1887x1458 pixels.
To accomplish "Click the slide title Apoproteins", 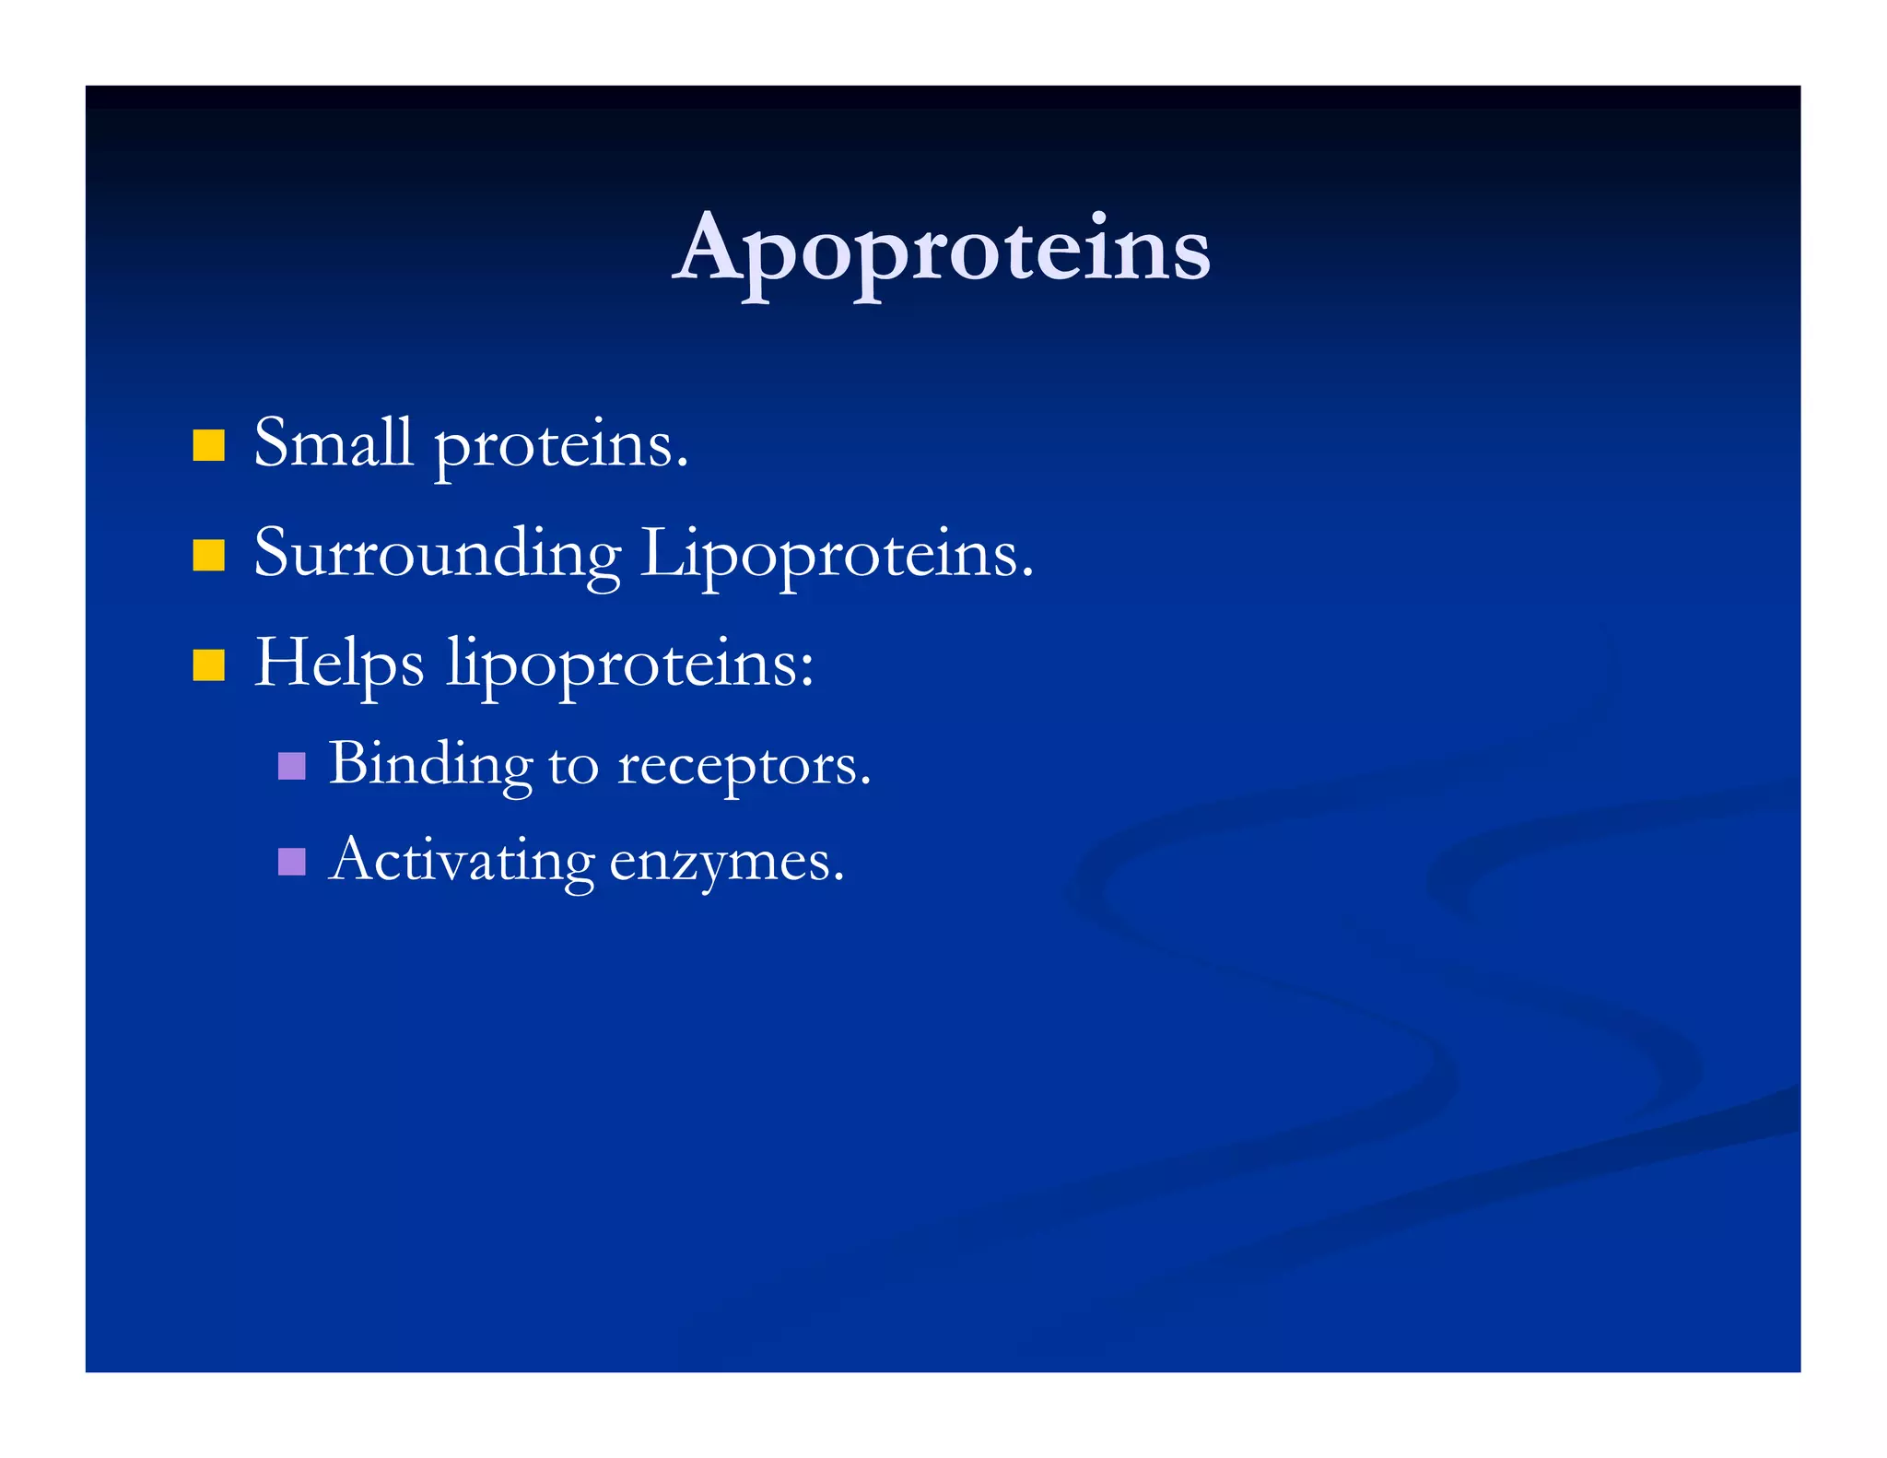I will point(942,249).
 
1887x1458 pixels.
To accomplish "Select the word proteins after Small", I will point(559,446).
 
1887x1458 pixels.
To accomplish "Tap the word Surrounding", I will point(437,555).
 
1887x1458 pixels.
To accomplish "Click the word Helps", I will point(339,664).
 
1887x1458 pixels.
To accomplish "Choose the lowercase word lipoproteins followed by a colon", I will point(627,665).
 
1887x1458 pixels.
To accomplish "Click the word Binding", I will point(430,765).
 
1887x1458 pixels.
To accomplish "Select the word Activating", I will point(461,862).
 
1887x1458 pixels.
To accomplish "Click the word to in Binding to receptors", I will point(573,766).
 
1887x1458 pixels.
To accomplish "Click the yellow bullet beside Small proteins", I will point(209,445).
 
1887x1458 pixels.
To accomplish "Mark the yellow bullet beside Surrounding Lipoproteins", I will point(209,556).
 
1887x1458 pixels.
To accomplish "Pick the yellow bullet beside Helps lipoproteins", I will point(209,664).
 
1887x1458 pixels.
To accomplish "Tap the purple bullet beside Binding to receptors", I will point(291,766).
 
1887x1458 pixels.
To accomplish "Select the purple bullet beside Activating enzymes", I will point(291,862).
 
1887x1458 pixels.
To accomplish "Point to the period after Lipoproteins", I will point(1027,574).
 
